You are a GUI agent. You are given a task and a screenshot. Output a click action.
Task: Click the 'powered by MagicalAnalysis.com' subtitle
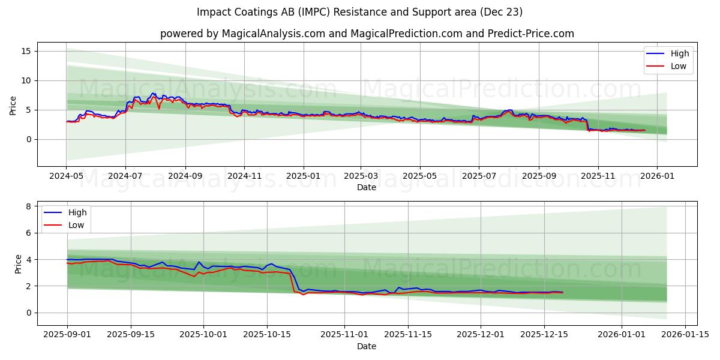[x=367, y=34]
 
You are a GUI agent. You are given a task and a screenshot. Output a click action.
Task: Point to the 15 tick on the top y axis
[x=26, y=51]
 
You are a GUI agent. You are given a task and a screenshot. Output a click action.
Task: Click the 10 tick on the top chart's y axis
[x=26, y=80]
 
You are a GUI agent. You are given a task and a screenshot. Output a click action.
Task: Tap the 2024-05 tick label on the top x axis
[x=66, y=176]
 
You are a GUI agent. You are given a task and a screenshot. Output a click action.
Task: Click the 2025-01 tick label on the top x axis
[x=303, y=176]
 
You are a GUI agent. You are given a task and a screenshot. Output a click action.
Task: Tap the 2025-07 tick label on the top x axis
[x=478, y=176]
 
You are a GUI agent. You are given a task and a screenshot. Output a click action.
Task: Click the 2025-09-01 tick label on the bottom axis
[x=67, y=335]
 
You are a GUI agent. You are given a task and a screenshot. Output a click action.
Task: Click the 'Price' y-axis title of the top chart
[x=13, y=105]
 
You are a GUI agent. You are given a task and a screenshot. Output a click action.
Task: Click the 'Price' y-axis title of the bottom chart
[x=18, y=264]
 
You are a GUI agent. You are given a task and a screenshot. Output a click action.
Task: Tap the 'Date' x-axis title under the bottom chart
[x=367, y=346]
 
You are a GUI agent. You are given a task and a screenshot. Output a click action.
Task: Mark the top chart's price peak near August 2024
[x=153, y=93]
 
